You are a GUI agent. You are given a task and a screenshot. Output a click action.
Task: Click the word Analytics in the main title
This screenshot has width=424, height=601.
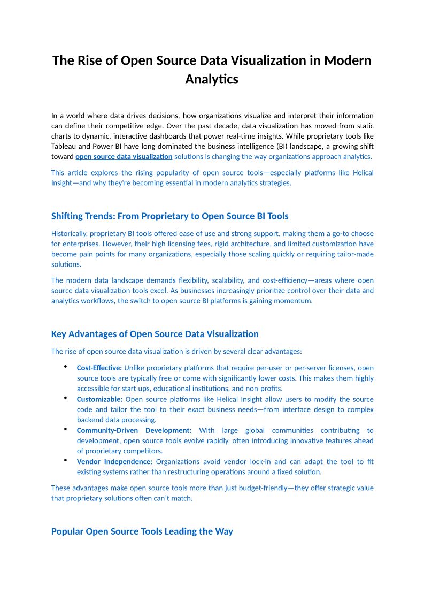212,79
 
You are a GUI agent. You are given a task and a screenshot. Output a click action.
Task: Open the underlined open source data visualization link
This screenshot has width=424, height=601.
124,157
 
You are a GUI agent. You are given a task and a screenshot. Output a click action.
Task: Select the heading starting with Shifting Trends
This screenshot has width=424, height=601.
169,216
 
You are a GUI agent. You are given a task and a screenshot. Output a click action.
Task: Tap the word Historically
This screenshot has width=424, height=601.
69,234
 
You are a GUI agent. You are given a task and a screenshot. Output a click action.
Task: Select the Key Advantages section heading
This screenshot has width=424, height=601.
155,334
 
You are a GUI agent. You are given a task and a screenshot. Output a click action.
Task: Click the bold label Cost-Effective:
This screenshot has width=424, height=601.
99,368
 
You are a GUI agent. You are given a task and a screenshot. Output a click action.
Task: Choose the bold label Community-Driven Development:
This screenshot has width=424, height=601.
134,430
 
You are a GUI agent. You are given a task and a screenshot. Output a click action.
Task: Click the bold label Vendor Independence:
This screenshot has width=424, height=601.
114,461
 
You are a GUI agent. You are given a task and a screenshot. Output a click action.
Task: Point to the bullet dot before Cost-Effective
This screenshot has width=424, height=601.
65,367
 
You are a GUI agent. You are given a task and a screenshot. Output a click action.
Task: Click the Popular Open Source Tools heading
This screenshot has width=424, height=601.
142,531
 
